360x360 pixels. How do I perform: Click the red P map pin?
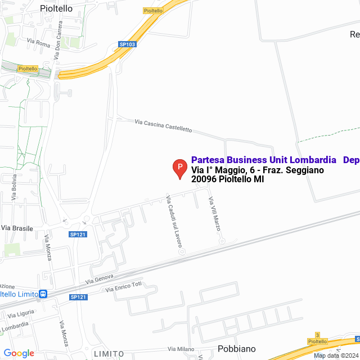(179, 168)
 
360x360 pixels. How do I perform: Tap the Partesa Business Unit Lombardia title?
(264, 160)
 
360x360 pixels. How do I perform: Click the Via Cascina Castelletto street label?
(163, 125)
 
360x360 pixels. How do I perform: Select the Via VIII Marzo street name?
(214, 214)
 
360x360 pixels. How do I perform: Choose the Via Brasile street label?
(17, 228)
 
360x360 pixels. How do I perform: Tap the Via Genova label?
(100, 278)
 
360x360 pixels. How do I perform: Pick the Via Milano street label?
(181, 349)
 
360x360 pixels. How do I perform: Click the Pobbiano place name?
(236, 349)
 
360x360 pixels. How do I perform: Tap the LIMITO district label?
(109, 353)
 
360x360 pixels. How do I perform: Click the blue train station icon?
(43, 294)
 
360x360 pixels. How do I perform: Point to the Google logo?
(19, 353)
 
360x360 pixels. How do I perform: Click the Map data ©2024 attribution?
(335, 355)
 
